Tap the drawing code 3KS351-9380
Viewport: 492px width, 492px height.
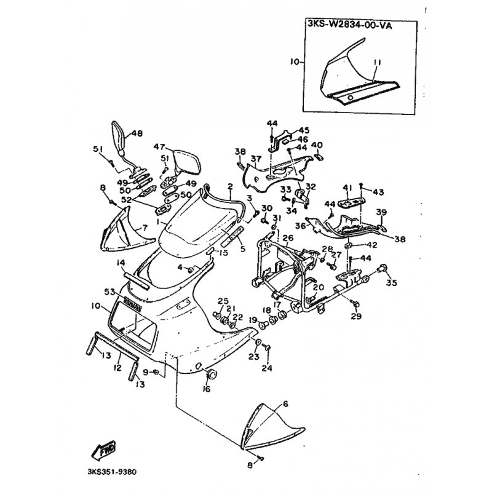pos(116,472)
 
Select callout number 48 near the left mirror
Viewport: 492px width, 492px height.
pos(137,133)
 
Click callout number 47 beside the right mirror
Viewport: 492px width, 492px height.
pos(159,147)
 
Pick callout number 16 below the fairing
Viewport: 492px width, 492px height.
pos(285,404)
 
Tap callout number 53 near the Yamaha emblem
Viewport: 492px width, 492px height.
pos(111,292)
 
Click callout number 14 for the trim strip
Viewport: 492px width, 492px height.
pos(122,263)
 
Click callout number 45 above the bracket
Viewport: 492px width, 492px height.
pos(304,130)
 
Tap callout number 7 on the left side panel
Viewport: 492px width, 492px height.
pos(145,228)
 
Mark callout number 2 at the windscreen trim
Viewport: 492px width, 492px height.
pos(229,185)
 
